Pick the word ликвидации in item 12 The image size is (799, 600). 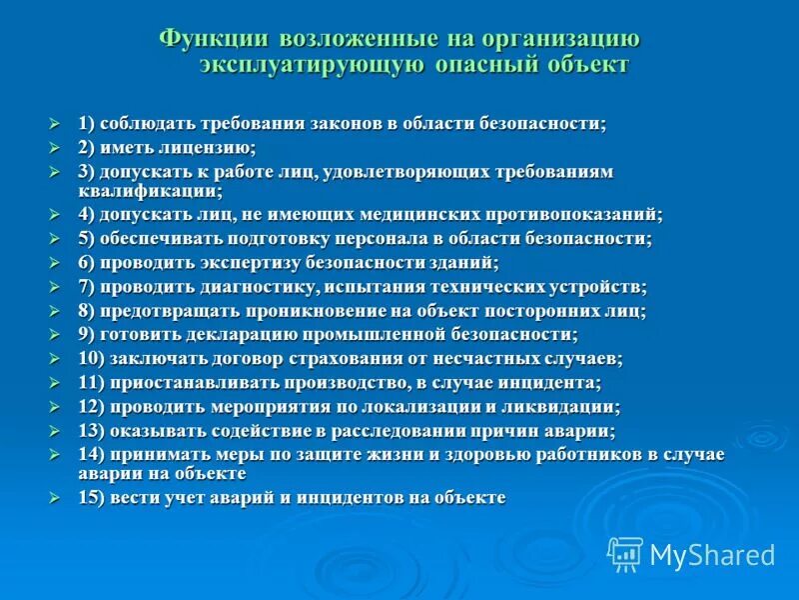coord(564,407)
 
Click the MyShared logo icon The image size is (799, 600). coord(625,554)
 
